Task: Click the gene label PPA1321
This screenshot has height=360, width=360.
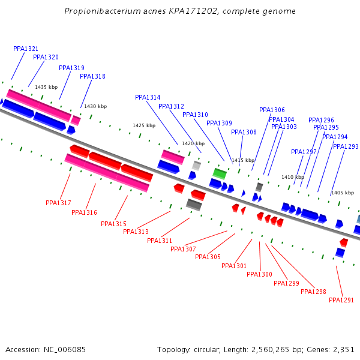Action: (26, 49)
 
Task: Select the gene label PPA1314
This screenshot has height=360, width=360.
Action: (148, 97)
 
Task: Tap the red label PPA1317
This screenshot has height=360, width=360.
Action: (58, 203)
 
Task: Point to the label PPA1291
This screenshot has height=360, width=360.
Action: (341, 300)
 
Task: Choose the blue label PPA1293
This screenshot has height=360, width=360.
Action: (346, 146)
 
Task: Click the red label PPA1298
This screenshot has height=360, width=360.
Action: (313, 292)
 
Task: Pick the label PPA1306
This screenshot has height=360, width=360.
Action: (272, 110)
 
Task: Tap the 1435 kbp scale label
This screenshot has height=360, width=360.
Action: (46, 87)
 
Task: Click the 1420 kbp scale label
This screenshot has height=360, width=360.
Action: (193, 143)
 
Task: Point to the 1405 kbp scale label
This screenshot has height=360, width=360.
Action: (342, 193)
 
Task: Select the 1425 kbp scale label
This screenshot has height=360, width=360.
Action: (144, 125)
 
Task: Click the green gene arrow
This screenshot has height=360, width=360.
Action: (220, 173)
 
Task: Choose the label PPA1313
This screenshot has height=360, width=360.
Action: (136, 232)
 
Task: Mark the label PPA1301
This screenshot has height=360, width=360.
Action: (234, 266)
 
